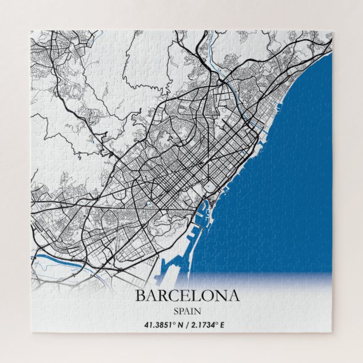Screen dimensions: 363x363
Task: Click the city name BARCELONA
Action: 187,295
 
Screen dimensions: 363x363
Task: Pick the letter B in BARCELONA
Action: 140,295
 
